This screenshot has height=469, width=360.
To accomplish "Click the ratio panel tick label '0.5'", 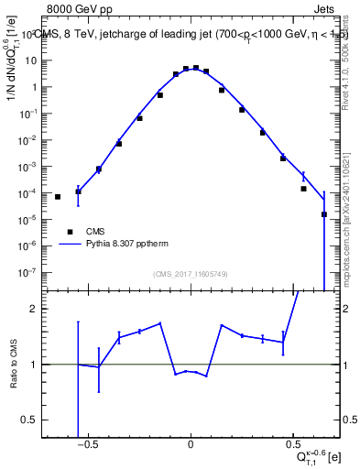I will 29,420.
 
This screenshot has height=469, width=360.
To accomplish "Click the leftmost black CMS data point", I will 58,197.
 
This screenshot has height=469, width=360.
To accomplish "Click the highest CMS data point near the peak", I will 196,68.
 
